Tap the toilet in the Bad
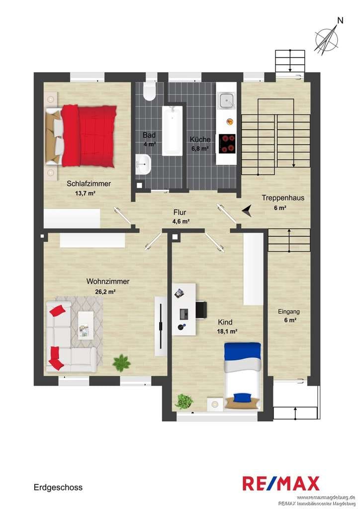[150, 90]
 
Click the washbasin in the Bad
[143, 164]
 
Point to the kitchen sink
[226, 100]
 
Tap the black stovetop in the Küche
[227, 144]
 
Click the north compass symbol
[327, 39]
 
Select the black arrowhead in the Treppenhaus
[247, 211]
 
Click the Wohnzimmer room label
[108, 281]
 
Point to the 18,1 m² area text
[227, 332]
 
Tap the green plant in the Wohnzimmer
[122, 362]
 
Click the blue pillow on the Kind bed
[243, 397]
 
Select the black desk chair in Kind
[201, 310]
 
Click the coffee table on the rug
[86, 325]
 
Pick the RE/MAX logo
[281, 483]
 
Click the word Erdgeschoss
[58, 487]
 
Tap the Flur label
[180, 212]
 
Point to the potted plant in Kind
[184, 401]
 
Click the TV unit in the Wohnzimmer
[161, 326]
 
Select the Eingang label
[288, 312]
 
